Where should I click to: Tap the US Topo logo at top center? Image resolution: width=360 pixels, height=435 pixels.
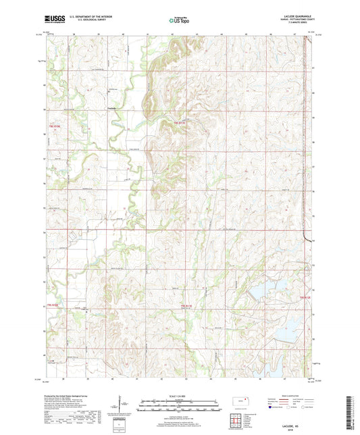pyautogui.click(x=179, y=21)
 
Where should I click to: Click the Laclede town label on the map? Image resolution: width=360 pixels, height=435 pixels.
pyautogui.click(x=113, y=109)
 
